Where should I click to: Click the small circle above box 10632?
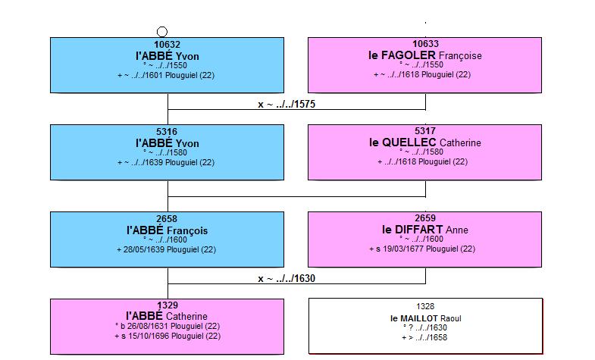(x=162, y=32)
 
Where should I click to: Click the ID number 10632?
(x=167, y=45)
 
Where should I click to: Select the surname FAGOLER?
(x=408, y=55)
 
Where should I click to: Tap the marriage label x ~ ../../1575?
(x=287, y=105)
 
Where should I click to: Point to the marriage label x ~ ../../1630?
(x=287, y=279)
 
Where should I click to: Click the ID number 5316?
(x=167, y=132)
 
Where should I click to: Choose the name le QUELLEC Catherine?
(x=425, y=142)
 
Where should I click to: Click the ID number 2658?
(x=167, y=219)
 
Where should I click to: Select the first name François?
(x=187, y=230)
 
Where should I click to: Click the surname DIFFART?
(x=418, y=230)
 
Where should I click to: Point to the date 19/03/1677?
(x=403, y=249)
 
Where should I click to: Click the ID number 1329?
(x=168, y=305)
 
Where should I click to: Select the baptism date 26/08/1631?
(x=148, y=326)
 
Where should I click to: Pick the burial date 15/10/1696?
(x=149, y=336)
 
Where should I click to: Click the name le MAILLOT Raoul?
(x=425, y=318)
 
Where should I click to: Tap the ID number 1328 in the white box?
(x=425, y=306)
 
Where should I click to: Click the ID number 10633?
(x=425, y=44)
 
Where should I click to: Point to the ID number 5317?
(x=425, y=131)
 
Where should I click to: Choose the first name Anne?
(x=457, y=230)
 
